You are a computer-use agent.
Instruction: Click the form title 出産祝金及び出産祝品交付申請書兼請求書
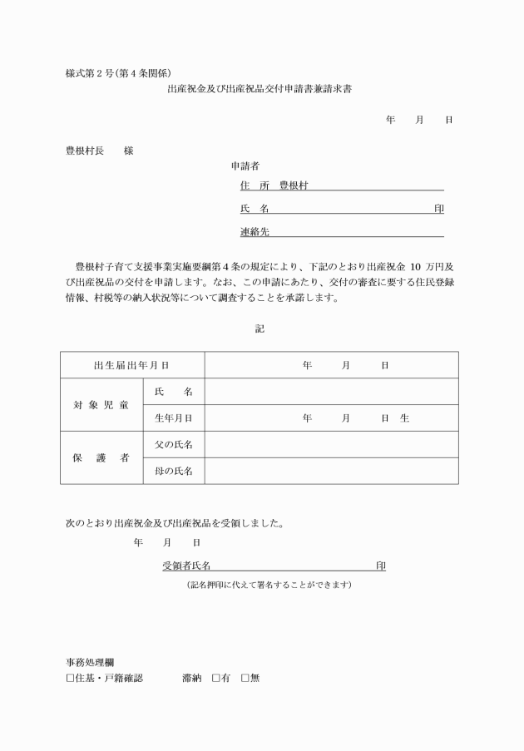coord(260,88)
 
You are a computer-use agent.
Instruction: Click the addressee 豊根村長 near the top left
coord(85,151)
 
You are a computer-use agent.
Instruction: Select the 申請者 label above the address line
coord(245,166)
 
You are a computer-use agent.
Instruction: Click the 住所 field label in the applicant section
coord(249,185)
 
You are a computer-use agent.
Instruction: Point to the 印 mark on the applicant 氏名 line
coord(438,209)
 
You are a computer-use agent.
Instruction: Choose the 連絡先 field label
coord(254,232)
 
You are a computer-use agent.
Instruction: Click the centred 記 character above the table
coord(260,329)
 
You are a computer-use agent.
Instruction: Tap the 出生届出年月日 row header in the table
coord(132,365)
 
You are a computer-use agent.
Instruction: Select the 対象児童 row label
coord(101,405)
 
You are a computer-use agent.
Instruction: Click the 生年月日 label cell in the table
coord(174,418)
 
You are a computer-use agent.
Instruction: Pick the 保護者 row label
coord(101,457)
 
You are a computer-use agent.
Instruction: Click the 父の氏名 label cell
coord(174,445)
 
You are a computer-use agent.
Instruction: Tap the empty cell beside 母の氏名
coord(331,471)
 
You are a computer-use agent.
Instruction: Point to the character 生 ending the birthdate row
coord(404,418)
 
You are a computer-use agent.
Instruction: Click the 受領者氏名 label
coord(186,566)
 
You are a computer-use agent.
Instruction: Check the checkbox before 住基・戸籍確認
coord(70,678)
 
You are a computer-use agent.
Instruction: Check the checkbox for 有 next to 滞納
coord(215,678)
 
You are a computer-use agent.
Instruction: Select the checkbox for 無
coord(245,678)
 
